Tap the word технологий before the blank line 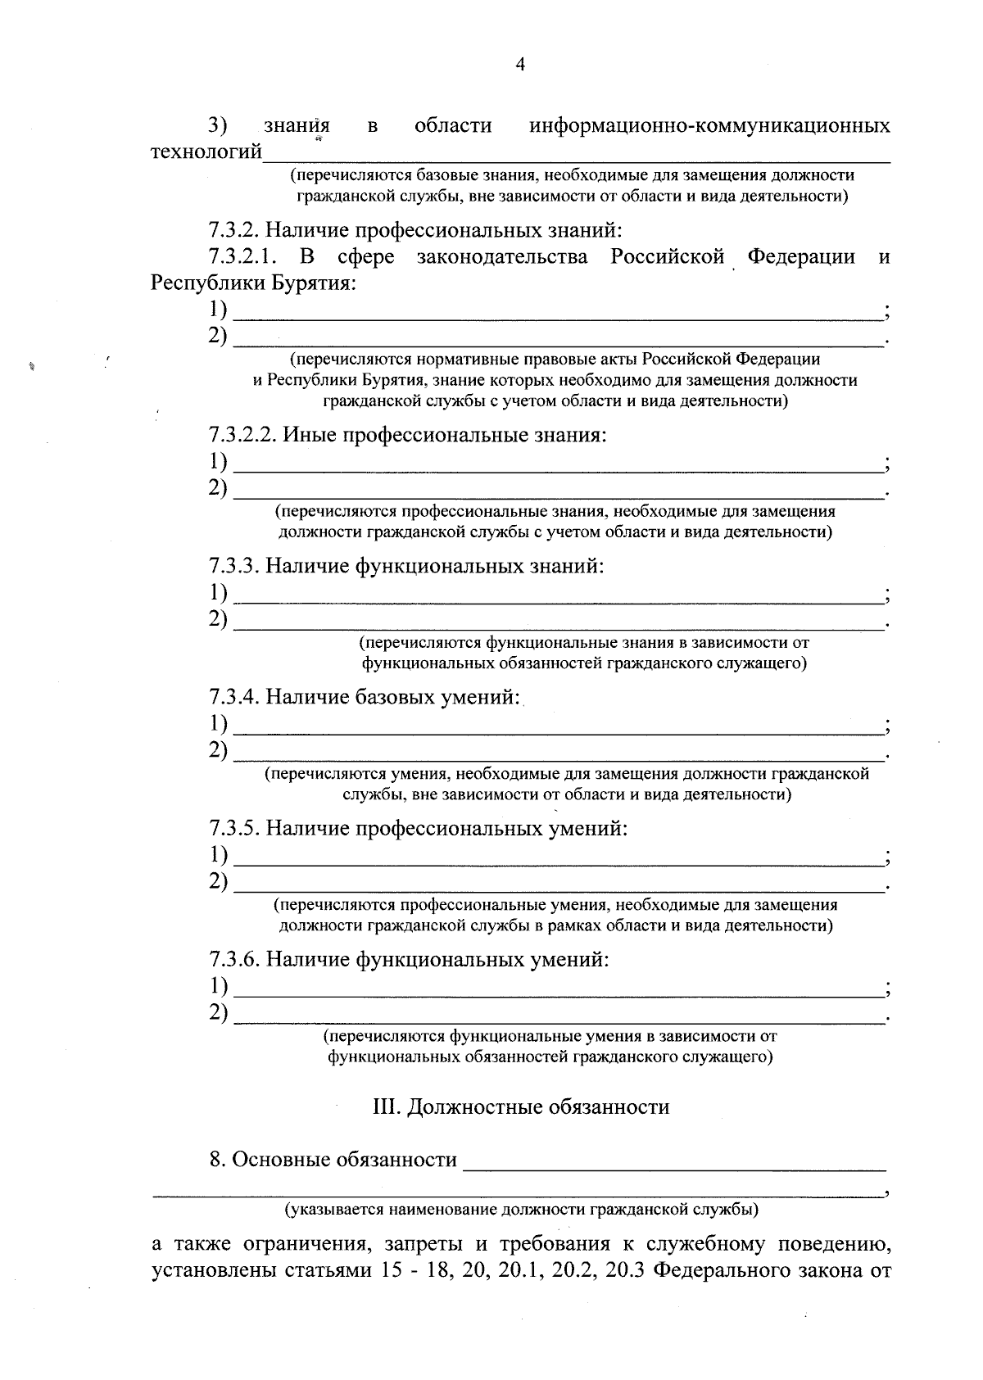coord(206,152)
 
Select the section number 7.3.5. coord(234,828)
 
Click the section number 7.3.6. coord(234,959)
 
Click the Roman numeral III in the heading coord(386,1107)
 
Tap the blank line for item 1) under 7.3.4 coord(557,731)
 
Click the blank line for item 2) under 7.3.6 coord(557,1020)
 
